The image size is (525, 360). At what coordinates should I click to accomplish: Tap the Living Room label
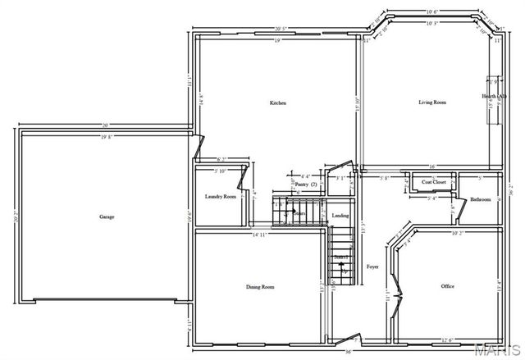click(432, 103)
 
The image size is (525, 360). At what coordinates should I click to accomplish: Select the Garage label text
click(107, 216)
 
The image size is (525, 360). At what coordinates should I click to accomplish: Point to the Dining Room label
click(260, 287)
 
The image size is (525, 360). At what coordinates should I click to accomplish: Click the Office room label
click(447, 286)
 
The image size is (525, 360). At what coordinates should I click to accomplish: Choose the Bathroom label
click(480, 199)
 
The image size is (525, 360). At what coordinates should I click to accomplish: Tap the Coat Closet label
click(434, 182)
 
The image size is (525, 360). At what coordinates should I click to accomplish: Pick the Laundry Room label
click(220, 197)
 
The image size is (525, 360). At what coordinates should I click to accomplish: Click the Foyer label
click(372, 267)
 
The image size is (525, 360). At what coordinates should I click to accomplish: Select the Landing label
click(340, 216)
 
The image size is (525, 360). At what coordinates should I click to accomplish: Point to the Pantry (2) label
click(306, 185)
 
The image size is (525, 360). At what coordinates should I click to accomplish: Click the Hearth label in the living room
click(495, 96)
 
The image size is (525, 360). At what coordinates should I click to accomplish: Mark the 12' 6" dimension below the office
click(448, 340)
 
